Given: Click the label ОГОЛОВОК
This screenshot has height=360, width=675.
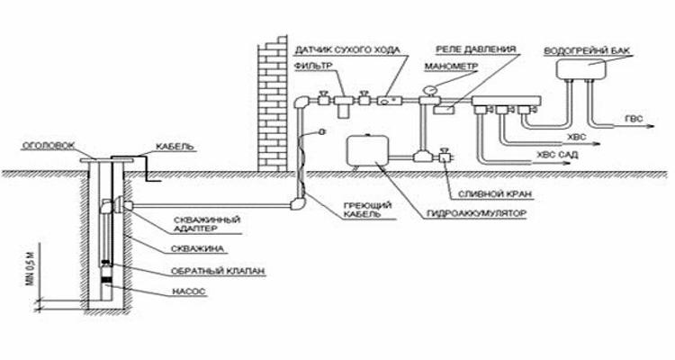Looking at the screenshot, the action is [x=48, y=146].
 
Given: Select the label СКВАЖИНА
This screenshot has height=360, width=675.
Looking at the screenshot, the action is [x=198, y=249].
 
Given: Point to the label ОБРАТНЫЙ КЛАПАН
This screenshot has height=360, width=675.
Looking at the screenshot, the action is [x=218, y=271].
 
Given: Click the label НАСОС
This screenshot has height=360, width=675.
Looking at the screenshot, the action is [x=189, y=292].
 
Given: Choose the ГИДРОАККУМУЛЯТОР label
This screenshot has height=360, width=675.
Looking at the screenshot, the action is [x=476, y=213].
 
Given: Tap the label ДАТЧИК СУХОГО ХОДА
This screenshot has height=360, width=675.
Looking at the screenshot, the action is [x=347, y=50].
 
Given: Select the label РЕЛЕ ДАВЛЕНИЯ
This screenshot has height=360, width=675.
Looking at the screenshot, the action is [x=476, y=49].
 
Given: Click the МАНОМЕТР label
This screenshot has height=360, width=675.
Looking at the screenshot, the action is [x=451, y=67].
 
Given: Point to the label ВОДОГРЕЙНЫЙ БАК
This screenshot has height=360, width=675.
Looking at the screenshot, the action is [x=587, y=50].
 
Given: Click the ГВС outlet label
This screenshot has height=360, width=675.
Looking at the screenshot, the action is [x=634, y=119].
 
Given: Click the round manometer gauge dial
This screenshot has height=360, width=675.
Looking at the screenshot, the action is [x=429, y=90].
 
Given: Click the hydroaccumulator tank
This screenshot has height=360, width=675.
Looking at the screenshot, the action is [x=368, y=150].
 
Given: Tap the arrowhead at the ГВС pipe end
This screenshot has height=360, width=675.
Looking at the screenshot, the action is [x=651, y=126].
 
